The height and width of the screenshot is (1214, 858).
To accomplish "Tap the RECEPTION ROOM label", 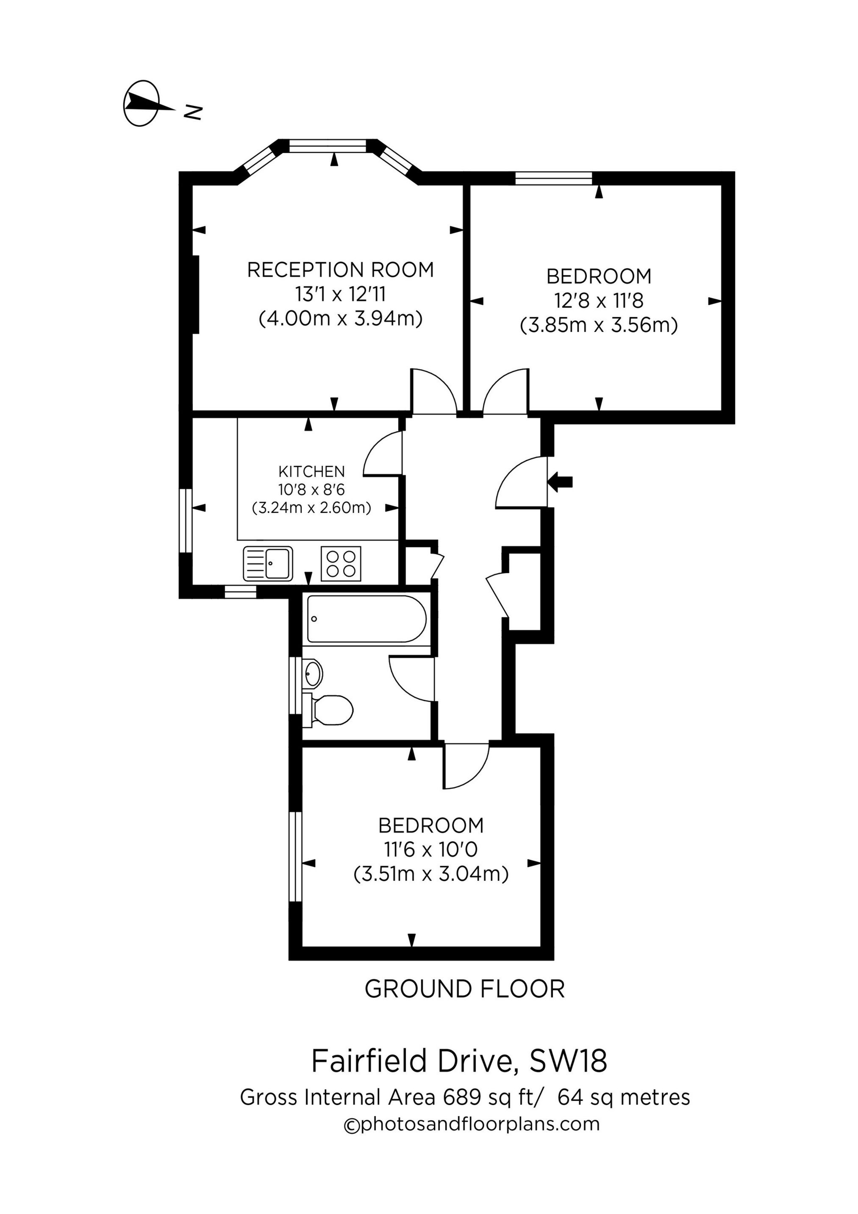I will [341, 270].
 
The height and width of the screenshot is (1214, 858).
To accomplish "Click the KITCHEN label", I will [311, 471].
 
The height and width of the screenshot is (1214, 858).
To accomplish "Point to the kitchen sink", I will [268, 564].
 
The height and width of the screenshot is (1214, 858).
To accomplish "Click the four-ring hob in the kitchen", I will [341, 564].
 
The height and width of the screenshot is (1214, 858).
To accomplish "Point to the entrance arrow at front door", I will [561, 481].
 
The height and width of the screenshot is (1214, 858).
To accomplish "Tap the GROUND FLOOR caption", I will [465, 989].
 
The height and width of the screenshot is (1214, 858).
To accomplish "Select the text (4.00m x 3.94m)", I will [341, 319].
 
